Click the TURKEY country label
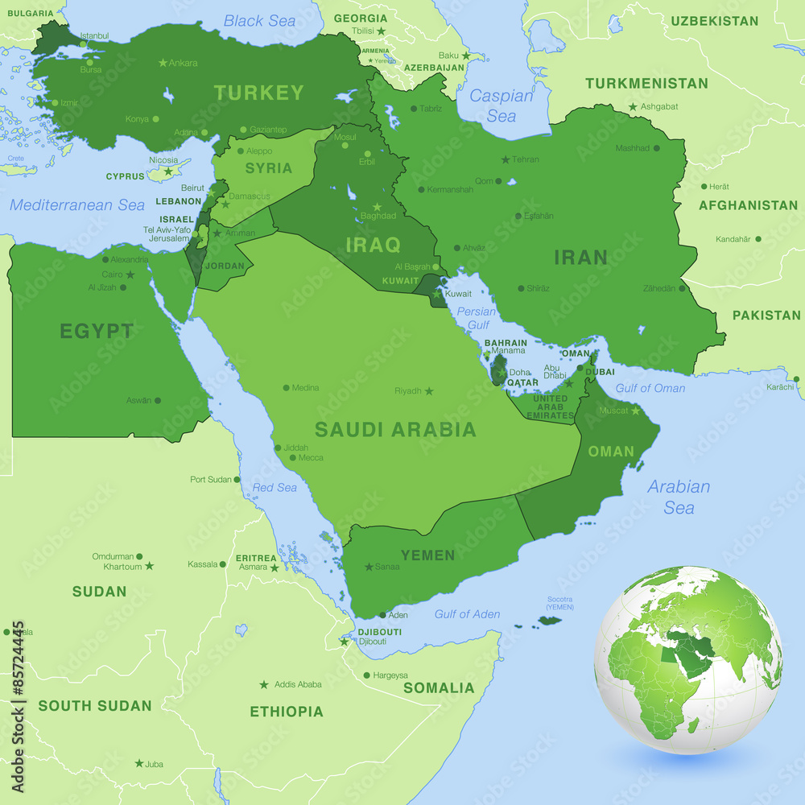(259, 93)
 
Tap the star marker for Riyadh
(429, 391)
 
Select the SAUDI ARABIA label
(395, 429)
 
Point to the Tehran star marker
(506, 159)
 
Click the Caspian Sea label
(502, 105)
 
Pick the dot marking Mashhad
(657, 148)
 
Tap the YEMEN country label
(428, 555)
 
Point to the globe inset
(688, 660)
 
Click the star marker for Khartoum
(149, 566)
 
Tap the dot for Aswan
(158, 400)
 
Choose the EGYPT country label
(97, 331)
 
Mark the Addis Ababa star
(264, 684)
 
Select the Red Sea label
(275, 487)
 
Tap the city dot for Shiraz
(522, 288)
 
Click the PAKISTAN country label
(766, 315)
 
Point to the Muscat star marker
(635, 411)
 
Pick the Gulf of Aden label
(467, 614)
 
